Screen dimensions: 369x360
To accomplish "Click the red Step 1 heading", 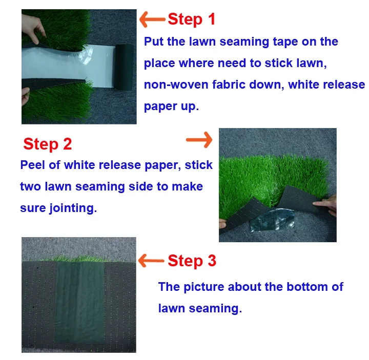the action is (192, 19).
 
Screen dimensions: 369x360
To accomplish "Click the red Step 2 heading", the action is (48, 144).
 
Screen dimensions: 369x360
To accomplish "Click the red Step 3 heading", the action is (192, 261).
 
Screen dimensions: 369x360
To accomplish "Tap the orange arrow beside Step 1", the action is (152, 19).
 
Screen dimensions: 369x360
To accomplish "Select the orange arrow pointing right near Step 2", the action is (199, 140).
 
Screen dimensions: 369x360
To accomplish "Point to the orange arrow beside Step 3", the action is (151, 261).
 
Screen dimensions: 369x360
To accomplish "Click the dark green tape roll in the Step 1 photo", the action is (125, 67).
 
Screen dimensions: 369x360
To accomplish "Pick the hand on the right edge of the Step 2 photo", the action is (326, 204).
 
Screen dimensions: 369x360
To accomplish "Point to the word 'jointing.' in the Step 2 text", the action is (73, 208).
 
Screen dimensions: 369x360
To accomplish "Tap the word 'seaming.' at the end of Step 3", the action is (215, 309).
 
